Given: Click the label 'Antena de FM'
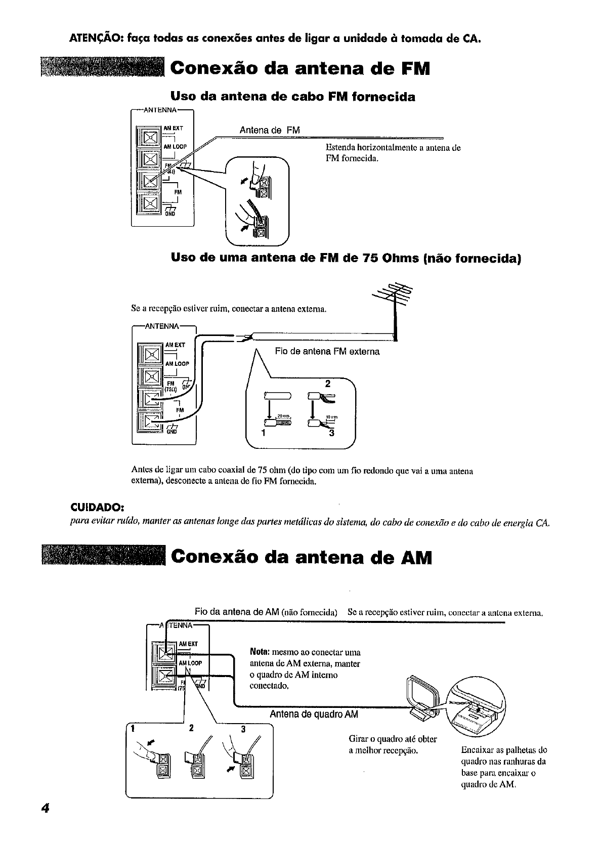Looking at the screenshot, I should (x=270, y=131).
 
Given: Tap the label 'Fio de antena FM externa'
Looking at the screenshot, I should (x=327, y=351).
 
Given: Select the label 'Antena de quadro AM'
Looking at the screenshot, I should (x=314, y=714).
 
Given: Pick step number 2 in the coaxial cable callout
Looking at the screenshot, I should (x=327, y=384).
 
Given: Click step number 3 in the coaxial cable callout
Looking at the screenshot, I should (x=332, y=433).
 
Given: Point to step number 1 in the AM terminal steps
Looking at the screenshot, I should (x=132, y=729).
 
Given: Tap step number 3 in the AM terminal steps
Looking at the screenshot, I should (x=243, y=729).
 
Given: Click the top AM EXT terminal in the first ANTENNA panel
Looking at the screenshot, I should (x=150, y=138).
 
